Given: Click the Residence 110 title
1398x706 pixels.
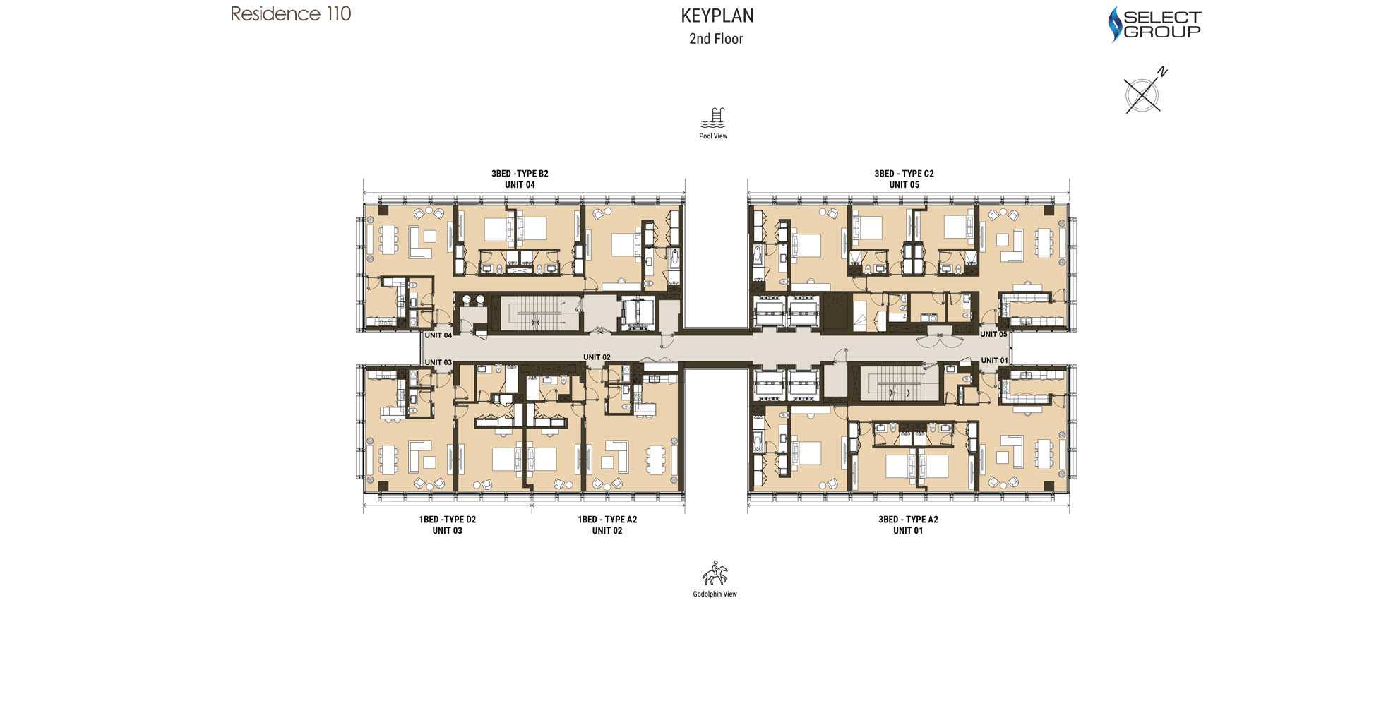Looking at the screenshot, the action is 291,14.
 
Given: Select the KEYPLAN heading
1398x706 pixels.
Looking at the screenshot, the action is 717,16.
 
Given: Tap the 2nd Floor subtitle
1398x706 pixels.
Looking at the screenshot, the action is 716,39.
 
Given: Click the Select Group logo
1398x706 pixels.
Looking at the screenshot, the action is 1154,24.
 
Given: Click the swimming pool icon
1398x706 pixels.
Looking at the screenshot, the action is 713,118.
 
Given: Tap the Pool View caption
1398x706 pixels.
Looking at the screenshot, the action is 713,136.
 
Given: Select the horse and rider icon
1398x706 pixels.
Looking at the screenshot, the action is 715,573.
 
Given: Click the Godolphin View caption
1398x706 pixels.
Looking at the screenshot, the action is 715,594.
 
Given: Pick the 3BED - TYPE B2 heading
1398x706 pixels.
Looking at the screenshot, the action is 520,174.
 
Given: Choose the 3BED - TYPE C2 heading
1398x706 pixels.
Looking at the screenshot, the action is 904,174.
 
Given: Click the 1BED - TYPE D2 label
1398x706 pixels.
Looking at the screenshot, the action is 447,520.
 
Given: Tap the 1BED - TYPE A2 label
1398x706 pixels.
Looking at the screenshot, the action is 607,520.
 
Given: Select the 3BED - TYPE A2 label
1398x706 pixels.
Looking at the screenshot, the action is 908,520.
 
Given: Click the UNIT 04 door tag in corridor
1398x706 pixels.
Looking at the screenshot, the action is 438,335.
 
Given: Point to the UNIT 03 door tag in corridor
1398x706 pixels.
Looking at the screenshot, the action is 438,362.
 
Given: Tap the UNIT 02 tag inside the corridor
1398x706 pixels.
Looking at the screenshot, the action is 597,357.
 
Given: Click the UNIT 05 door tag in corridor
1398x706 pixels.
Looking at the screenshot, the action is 993,334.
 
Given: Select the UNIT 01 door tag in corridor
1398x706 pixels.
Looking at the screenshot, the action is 994,360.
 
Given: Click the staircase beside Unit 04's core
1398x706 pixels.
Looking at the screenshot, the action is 535,313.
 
